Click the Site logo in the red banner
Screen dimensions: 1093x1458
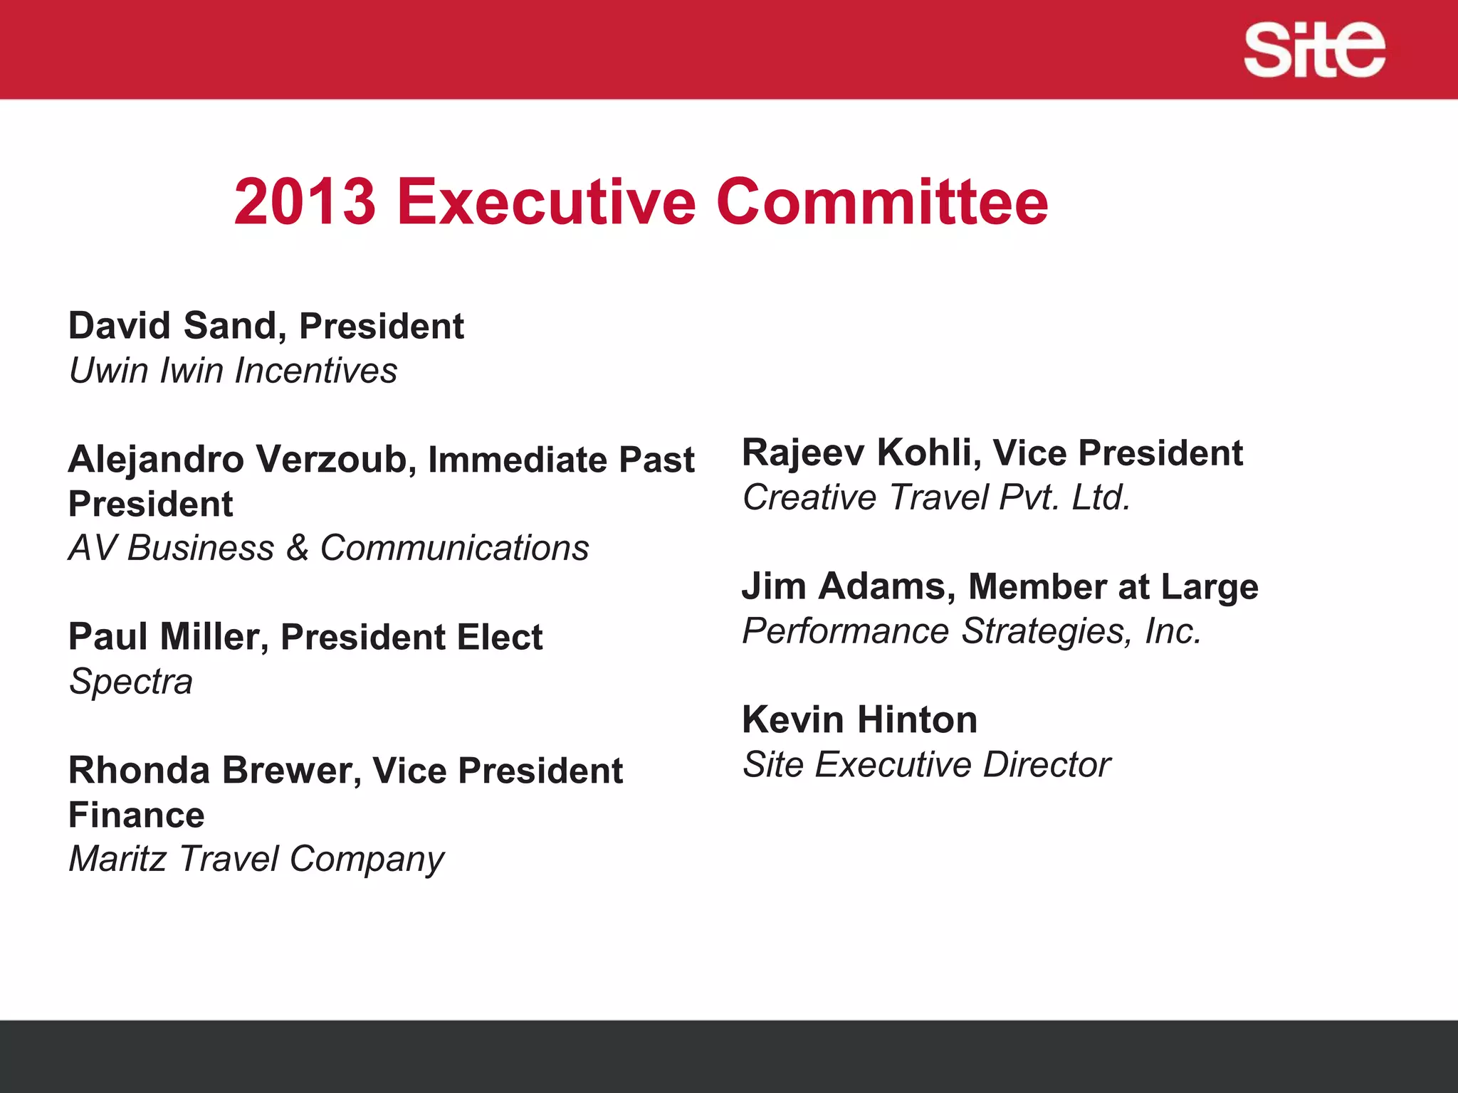[1314, 50]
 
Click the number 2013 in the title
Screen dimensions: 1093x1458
[305, 202]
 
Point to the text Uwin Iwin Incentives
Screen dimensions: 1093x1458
[233, 371]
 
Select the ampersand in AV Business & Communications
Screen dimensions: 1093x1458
[297, 548]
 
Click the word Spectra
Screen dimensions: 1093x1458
[131, 682]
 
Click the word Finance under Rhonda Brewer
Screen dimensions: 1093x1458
[137, 815]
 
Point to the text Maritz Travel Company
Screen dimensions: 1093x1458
[256, 859]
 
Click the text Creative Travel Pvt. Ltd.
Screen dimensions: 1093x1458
[936, 497]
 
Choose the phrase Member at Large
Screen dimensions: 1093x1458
[1113, 587]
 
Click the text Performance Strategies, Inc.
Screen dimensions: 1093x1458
[972, 631]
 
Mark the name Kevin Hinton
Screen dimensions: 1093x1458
[859, 720]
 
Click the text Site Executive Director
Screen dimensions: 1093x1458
[926, 765]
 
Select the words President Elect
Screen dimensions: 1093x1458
[411, 637]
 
